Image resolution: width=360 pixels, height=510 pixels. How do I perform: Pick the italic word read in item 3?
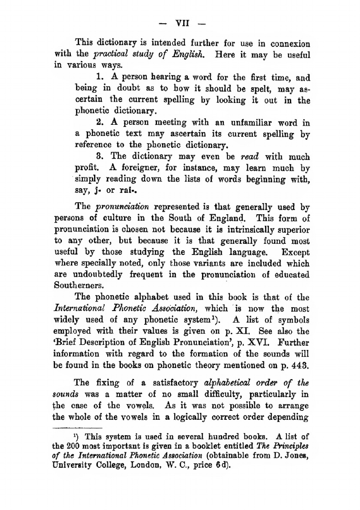click(x=249, y=157)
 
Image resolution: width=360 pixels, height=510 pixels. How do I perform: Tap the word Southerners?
click(x=79, y=286)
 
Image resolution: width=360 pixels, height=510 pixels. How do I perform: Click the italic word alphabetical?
click(x=225, y=383)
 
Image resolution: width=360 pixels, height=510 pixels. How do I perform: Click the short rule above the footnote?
click(x=78, y=428)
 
